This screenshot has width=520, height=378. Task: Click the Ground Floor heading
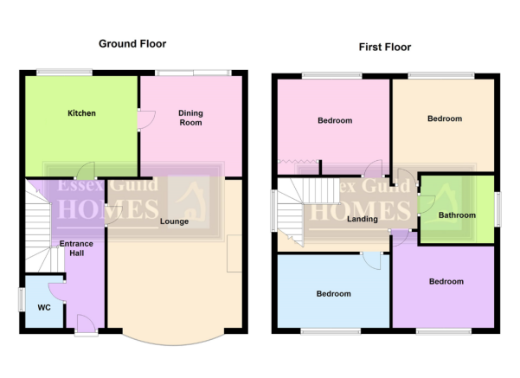(132, 44)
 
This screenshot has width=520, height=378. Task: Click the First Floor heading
(385, 47)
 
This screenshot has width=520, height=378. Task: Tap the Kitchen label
(81, 113)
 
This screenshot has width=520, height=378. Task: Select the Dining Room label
(190, 118)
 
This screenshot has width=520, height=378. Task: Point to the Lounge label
(175, 221)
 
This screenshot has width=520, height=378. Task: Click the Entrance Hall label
(76, 248)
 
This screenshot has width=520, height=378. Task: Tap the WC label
(44, 307)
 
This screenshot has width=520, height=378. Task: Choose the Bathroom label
(457, 215)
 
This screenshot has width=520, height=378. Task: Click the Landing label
(363, 219)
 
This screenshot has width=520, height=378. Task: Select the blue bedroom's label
(334, 294)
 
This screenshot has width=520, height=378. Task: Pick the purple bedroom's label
(446, 281)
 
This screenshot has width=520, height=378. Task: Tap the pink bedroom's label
(335, 120)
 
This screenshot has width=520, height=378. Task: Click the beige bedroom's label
(445, 119)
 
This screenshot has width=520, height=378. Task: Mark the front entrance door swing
(87, 323)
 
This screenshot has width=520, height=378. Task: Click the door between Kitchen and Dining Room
(146, 119)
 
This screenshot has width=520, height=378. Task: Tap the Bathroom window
(498, 209)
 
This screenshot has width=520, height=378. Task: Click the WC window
(22, 300)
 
